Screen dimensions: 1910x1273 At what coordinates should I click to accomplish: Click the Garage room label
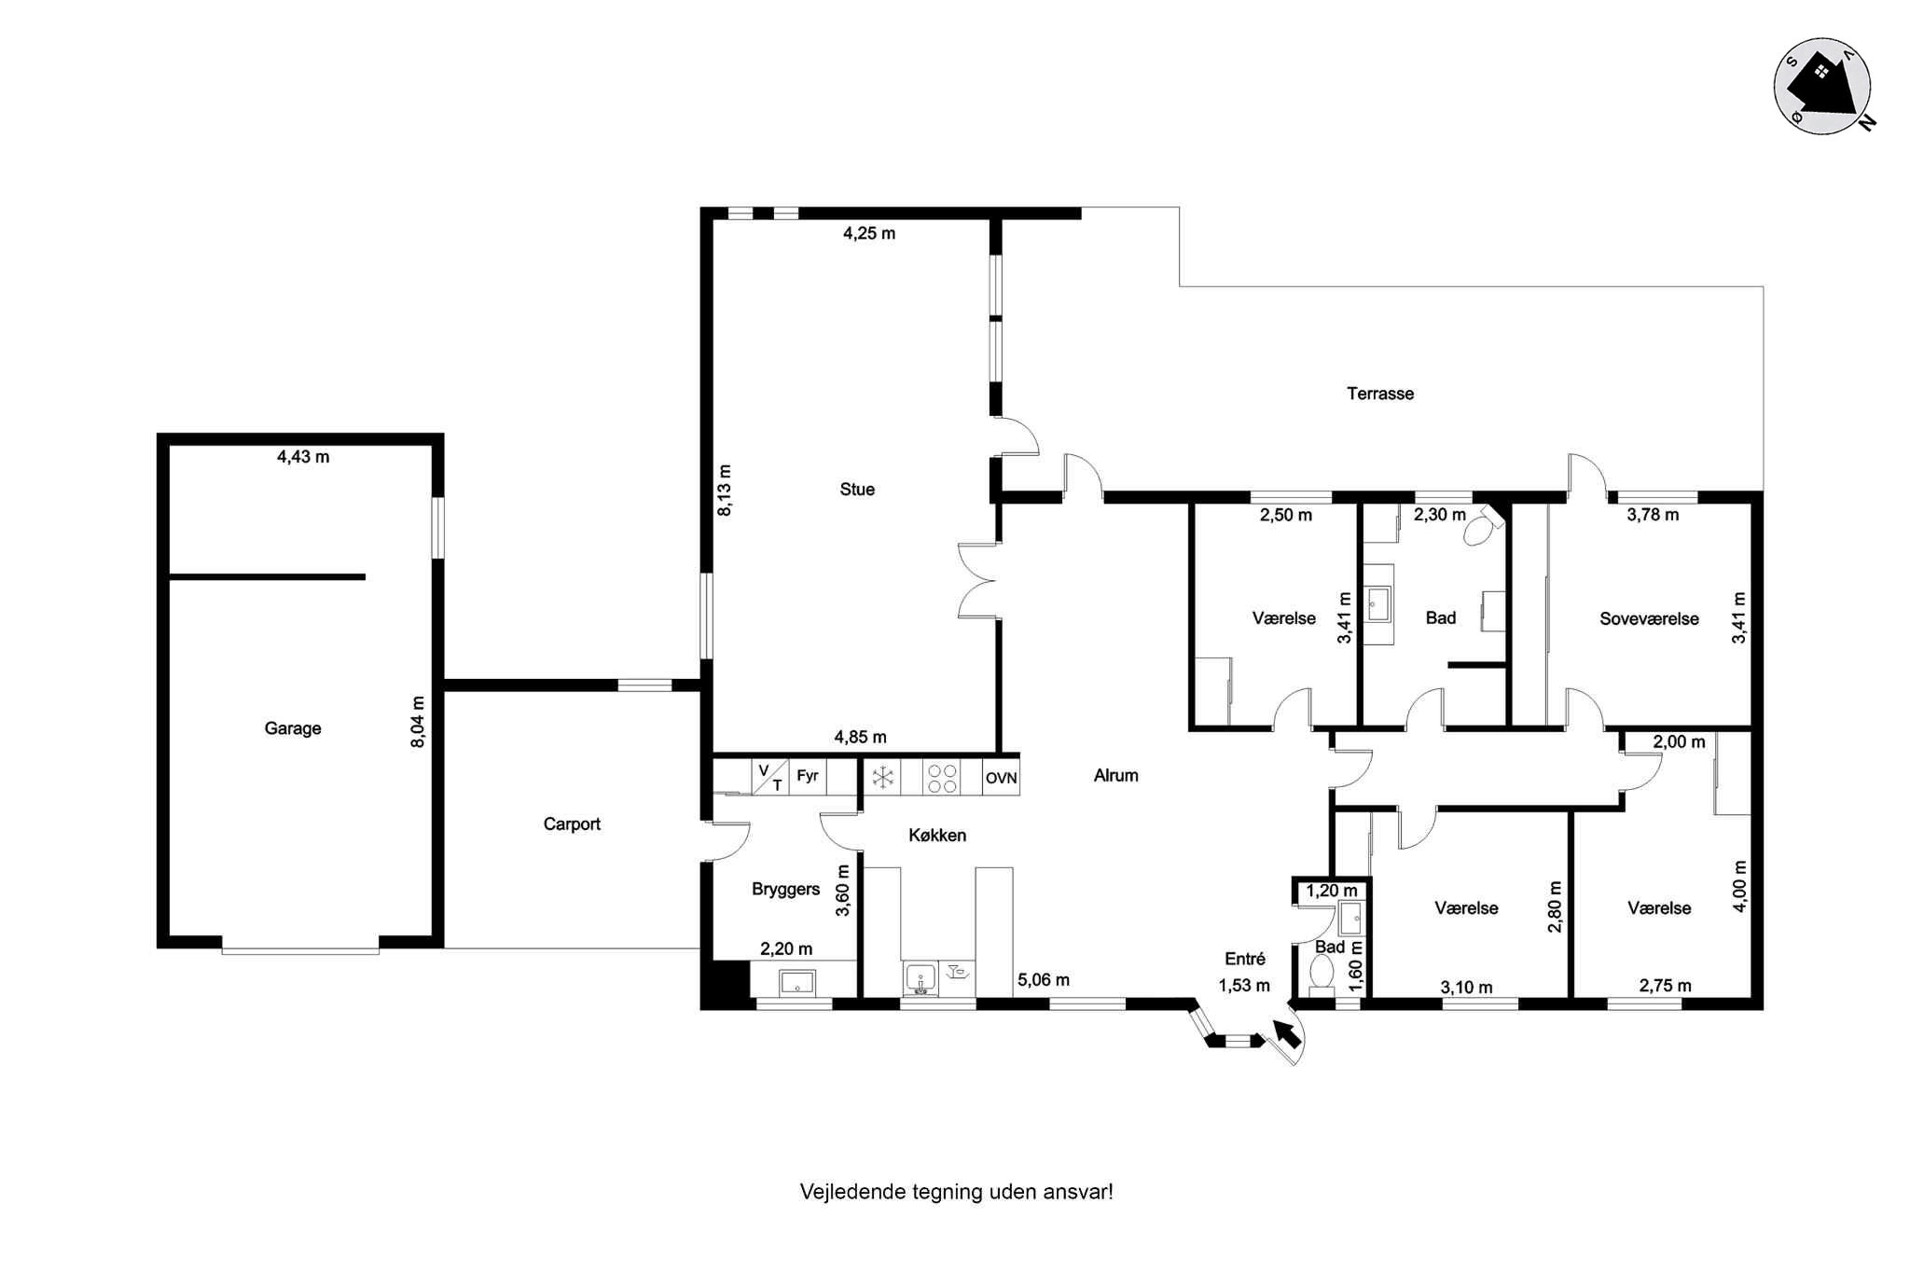293,728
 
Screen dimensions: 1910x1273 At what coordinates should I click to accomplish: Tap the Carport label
572,824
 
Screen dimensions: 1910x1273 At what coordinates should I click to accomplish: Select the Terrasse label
1380,394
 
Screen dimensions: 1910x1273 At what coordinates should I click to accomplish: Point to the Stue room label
857,490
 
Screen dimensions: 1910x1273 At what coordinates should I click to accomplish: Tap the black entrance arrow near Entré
1286,1032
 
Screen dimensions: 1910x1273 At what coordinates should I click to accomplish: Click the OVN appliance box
1001,778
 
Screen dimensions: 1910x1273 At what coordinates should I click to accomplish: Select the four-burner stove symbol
942,778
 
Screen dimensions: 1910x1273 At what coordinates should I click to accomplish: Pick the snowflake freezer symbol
882,778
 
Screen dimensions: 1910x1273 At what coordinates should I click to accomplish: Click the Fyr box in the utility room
808,776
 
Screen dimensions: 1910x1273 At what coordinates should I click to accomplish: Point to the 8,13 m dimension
725,491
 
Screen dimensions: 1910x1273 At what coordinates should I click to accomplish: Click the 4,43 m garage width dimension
303,457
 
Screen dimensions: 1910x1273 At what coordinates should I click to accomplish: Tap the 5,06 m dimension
1044,980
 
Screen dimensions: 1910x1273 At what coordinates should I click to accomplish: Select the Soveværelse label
1649,619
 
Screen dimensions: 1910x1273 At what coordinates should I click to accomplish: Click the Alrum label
1116,776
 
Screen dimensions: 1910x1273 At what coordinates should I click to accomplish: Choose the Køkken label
937,836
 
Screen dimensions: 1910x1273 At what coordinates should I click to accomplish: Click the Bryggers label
786,890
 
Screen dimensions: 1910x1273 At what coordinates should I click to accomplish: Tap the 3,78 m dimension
1653,515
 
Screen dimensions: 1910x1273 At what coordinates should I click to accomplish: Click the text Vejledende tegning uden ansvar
956,1192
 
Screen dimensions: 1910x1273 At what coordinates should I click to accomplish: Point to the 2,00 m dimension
1679,742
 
